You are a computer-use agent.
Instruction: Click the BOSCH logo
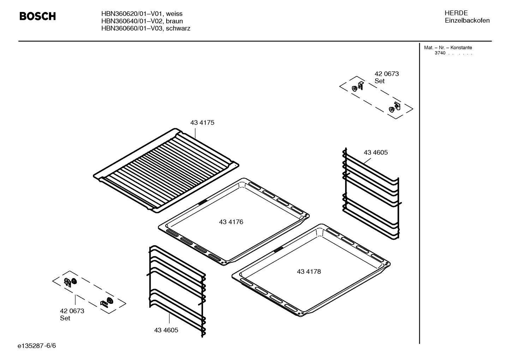[37, 16]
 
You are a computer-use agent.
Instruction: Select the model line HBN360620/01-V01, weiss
[142, 14]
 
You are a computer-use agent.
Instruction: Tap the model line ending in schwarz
[145, 28]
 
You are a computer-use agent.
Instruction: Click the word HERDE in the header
[456, 13]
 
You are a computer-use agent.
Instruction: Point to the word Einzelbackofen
[467, 20]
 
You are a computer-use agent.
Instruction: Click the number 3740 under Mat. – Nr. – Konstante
[440, 53]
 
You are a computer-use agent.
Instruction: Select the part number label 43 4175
[202, 123]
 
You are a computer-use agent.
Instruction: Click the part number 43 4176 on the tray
[231, 222]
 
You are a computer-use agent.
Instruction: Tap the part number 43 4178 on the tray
[309, 271]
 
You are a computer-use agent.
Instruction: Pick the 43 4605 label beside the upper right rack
[376, 152]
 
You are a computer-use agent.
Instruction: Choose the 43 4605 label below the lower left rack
[166, 330]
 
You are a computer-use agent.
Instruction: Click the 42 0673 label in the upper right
[387, 74]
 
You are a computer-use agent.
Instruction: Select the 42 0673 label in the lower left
[72, 311]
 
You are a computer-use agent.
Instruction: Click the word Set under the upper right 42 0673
[379, 81]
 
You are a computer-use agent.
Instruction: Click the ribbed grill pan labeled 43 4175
[166, 170]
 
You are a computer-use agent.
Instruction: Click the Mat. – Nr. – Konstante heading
[448, 48]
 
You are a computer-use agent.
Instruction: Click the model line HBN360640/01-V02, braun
[142, 21]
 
